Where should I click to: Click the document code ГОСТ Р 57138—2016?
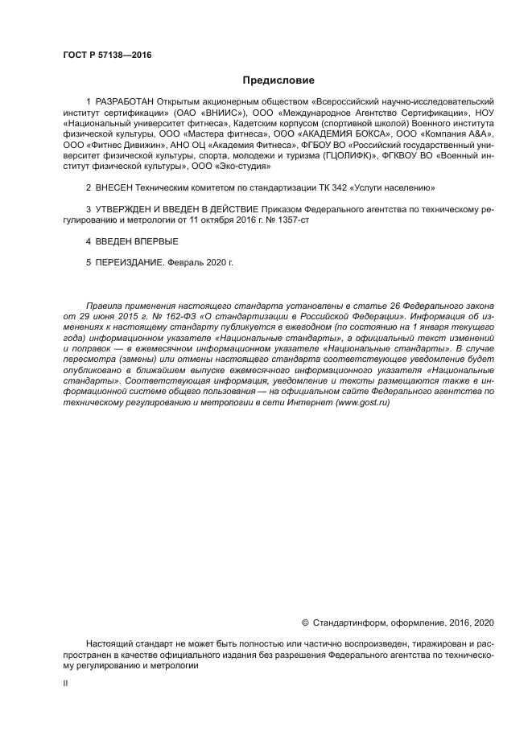tap(107, 55)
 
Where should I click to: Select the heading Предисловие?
tap(278, 80)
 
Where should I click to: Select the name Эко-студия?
tap(243, 166)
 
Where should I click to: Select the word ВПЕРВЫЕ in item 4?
tap(157, 241)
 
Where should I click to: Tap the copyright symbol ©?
tap(305, 623)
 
